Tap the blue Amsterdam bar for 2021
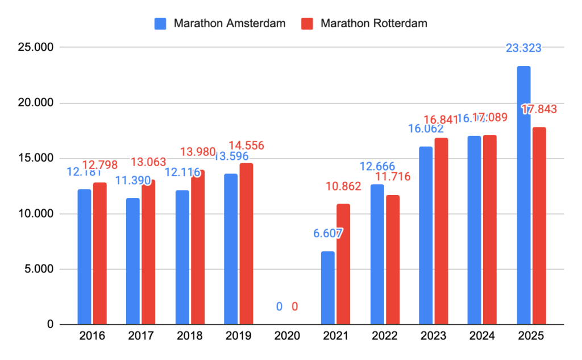pos(328,288)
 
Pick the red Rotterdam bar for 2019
pos(246,244)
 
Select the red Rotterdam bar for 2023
pos(441,231)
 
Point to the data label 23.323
pos(523,48)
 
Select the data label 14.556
pos(246,146)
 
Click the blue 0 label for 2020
pos(279,307)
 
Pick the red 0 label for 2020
pos(294,307)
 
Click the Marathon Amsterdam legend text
pos(229,23)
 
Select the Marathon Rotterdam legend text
pos(373,23)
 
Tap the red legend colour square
pos(307,23)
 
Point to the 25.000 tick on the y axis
pos(35,47)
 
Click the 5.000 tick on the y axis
pos(38,269)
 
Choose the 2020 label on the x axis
pos(287,336)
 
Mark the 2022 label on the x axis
pos(384,336)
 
